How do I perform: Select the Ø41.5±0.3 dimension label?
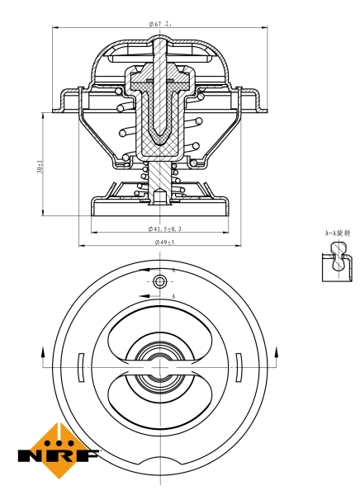point(165,229)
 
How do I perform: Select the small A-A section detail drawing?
point(336,265)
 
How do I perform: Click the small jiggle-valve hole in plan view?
point(159,281)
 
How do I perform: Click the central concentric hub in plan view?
point(159,364)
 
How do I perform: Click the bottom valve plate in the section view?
point(159,205)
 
